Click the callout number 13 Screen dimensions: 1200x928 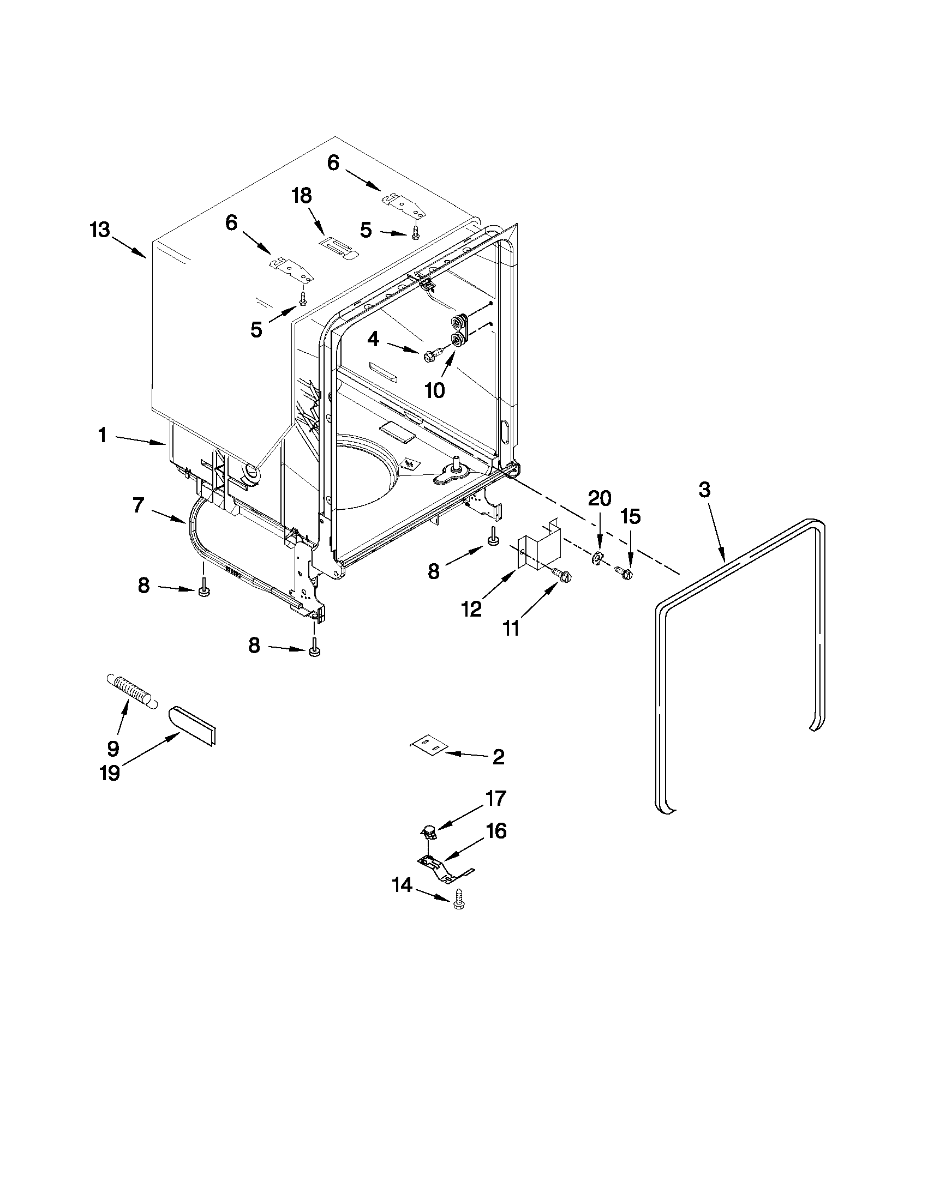tap(100, 230)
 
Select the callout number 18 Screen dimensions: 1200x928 tap(302, 195)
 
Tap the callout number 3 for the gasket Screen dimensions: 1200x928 tap(705, 489)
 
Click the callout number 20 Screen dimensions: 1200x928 tap(599, 498)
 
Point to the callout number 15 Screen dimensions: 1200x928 tap(631, 516)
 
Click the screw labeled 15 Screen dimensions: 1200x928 tap(625, 573)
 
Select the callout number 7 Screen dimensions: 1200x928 tap(139, 505)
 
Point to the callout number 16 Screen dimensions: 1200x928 tap(496, 831)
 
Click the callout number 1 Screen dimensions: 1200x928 tap(102, 435)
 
